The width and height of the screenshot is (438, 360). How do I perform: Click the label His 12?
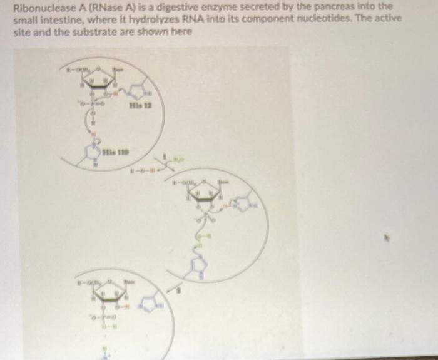pyautogui.click(x=136, y=106)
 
